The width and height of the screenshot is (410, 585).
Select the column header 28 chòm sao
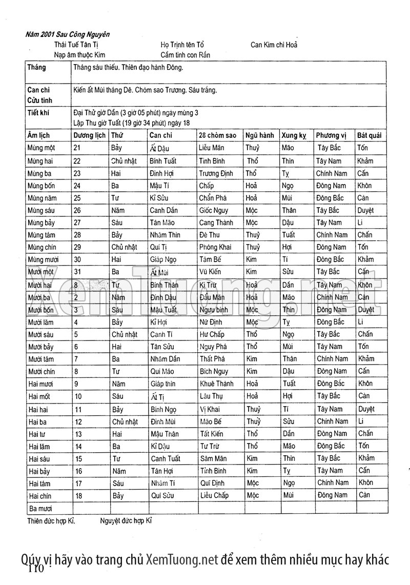coord(217,135)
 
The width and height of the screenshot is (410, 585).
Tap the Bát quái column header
coord(369,135)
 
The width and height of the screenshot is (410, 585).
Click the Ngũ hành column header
coord(259,135)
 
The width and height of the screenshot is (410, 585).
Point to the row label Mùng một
coord(42,148)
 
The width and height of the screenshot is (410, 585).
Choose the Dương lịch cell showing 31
coord(78,272)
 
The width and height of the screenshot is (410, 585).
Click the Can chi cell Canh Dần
coord(165,210)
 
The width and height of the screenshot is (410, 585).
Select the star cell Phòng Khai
coord(215,247)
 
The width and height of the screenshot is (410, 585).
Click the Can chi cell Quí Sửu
coord(162,496)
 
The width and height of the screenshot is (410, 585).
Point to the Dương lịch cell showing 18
coord(78,496)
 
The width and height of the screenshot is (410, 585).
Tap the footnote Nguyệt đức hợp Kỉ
coord(126,520)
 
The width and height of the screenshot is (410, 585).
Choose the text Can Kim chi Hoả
coord(274,45)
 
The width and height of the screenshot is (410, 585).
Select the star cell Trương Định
coord(216,173)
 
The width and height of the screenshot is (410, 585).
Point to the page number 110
coord(37,569)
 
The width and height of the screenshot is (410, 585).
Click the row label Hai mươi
coord(42,384)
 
